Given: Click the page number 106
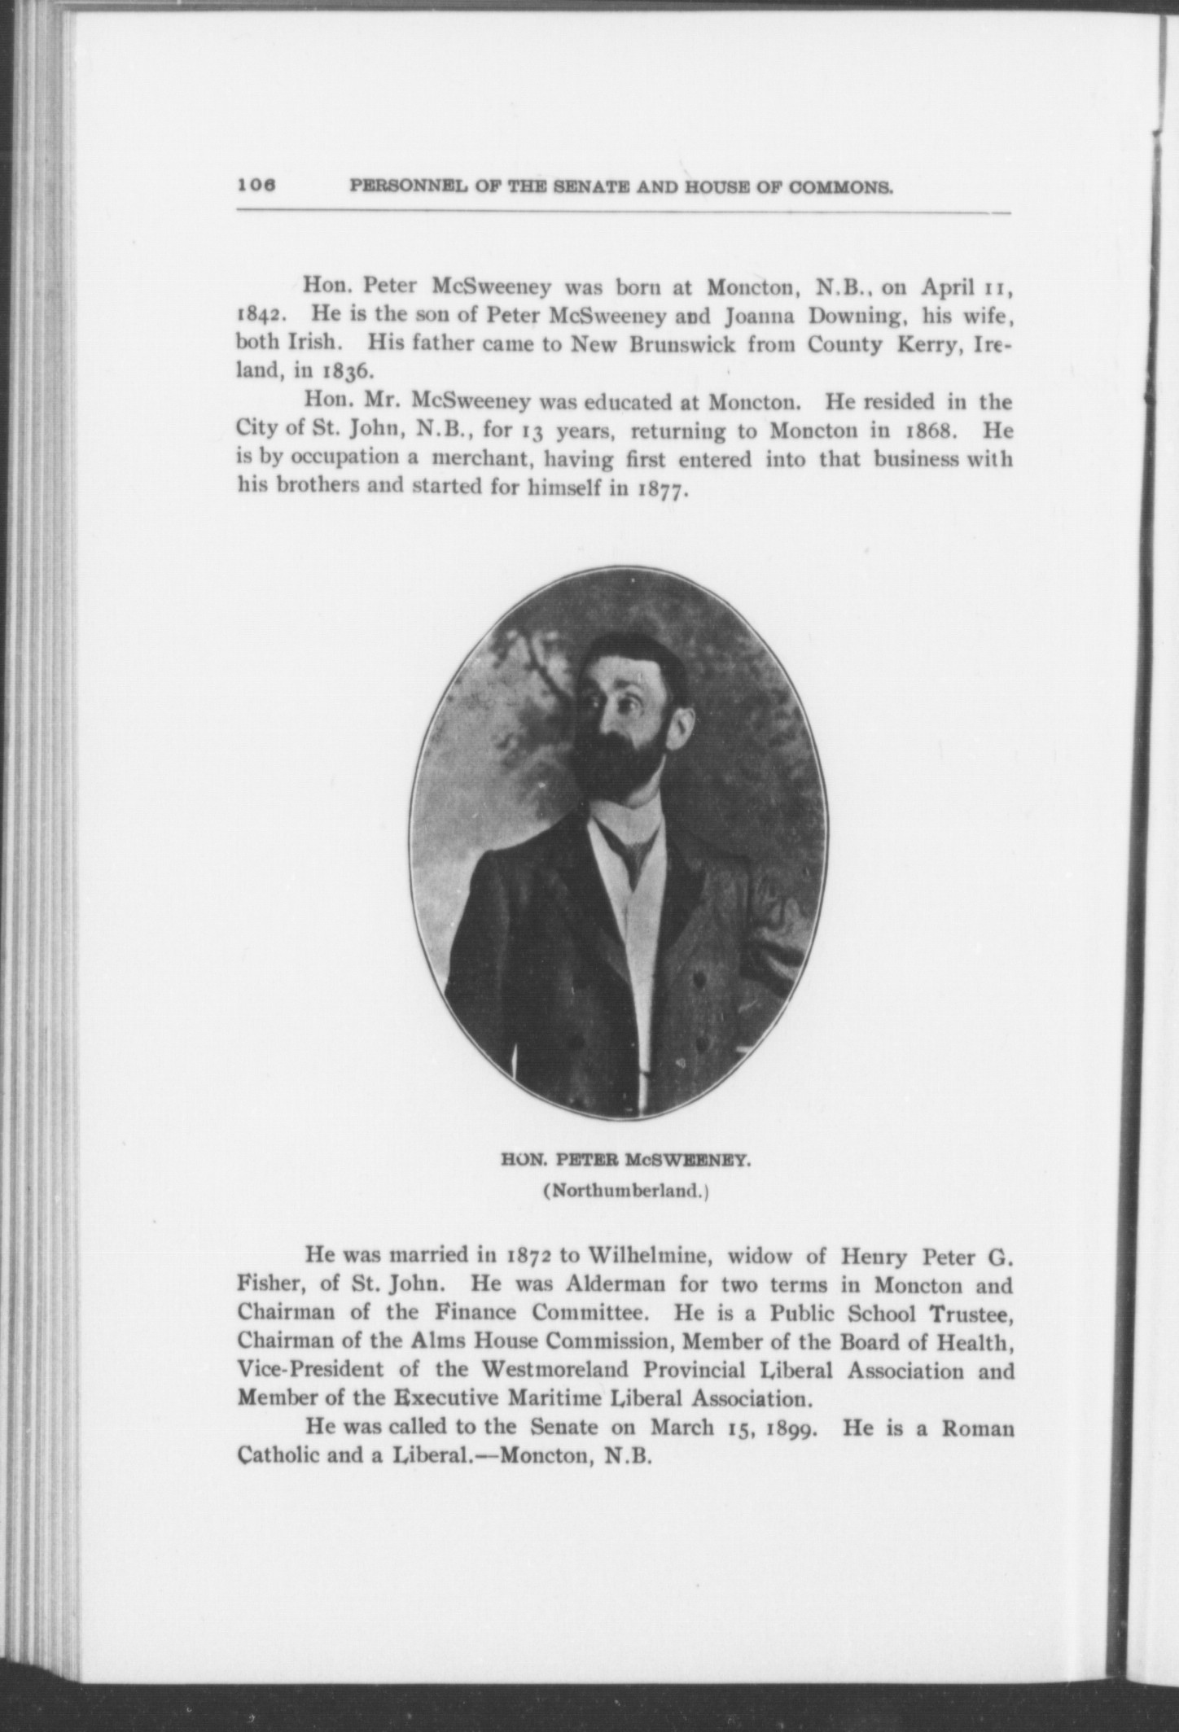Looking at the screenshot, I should point(257,185).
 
